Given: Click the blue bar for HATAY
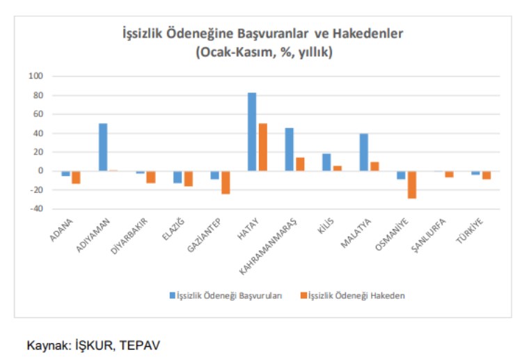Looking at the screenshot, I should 252,132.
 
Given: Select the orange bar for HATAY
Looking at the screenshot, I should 262,147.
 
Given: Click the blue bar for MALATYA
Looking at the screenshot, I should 364,152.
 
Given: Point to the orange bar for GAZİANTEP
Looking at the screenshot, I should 225,182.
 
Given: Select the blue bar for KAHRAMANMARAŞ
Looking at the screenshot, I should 290,149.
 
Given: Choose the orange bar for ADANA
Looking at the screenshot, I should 76,177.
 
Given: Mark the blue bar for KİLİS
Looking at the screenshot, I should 326,162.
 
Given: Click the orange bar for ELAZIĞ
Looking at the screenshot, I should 188,178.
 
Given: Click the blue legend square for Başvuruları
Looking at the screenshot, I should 172,295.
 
